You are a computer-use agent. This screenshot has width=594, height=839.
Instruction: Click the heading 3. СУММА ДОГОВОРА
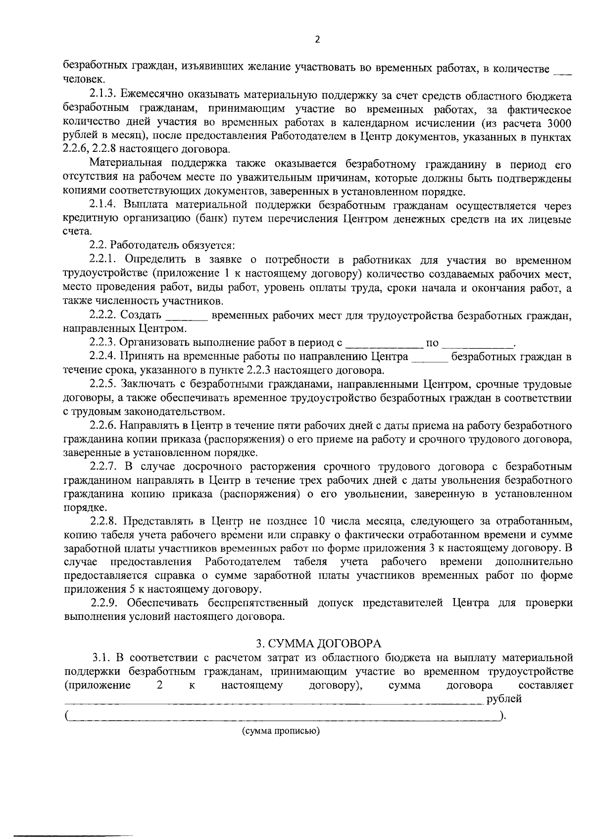[x=318, y=643]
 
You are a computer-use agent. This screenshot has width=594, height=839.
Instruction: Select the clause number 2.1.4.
[x=105, y=205]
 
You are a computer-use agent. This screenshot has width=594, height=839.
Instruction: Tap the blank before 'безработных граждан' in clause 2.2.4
[x=430, y=357]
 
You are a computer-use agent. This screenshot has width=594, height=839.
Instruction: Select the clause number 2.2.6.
[x=105, y=425]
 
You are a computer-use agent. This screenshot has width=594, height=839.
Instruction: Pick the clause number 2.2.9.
[x=105, y=603]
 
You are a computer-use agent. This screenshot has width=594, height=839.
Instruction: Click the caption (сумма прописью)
[x=281, y=731]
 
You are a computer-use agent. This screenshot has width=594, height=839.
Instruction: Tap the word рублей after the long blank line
[x=504, y=699]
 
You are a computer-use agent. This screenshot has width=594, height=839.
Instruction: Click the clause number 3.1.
[x=101, y=658]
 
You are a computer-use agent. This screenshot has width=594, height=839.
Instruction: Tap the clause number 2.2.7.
[x=105, y=466]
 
